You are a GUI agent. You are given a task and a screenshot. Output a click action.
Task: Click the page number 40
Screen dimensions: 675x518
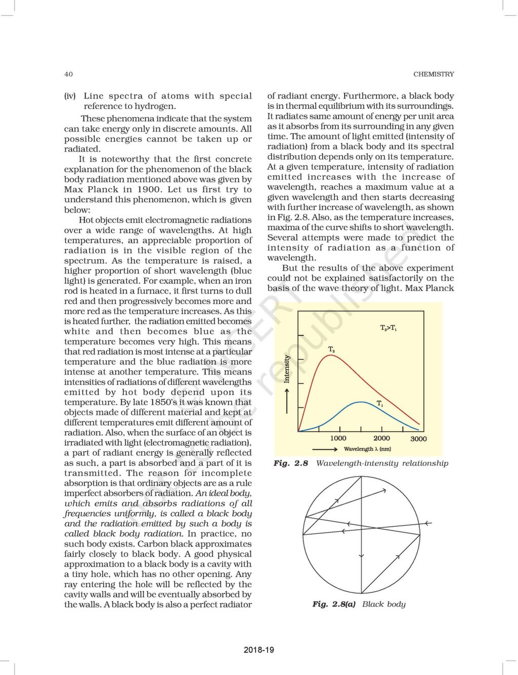[68, 74]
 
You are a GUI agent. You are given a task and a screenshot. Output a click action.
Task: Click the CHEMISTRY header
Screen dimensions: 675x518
[434, 74]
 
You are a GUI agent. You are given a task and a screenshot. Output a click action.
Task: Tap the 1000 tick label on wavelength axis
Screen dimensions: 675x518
[338, 438]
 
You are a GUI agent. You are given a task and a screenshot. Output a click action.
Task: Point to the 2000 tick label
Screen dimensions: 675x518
[381, 438]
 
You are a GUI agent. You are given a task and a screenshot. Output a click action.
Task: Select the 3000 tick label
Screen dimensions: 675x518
[418, 439]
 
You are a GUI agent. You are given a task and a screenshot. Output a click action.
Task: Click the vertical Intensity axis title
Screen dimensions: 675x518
[287, 368]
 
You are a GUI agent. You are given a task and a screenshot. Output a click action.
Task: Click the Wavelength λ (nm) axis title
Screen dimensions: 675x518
[367, 449]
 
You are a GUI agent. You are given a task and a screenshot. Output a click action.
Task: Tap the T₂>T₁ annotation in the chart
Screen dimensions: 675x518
[388, 328]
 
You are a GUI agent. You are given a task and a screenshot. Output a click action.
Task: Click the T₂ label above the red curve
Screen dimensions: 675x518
[332, 349]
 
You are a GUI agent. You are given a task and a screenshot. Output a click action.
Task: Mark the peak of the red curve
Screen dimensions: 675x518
[330, 355]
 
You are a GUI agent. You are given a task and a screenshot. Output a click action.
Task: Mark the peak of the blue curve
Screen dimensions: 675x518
[361, 402]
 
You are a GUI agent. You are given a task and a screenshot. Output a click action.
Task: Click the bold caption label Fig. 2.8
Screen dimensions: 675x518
[290, 463]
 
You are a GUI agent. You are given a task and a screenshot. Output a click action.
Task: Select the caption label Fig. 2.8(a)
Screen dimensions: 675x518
[334, 604]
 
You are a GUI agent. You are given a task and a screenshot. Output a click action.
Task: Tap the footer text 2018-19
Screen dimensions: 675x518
[258, 650]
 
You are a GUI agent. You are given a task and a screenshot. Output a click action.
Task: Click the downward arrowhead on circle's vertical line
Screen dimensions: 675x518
[361, 556]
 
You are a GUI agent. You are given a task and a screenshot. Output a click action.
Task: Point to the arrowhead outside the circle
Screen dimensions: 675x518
[428, 523]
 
